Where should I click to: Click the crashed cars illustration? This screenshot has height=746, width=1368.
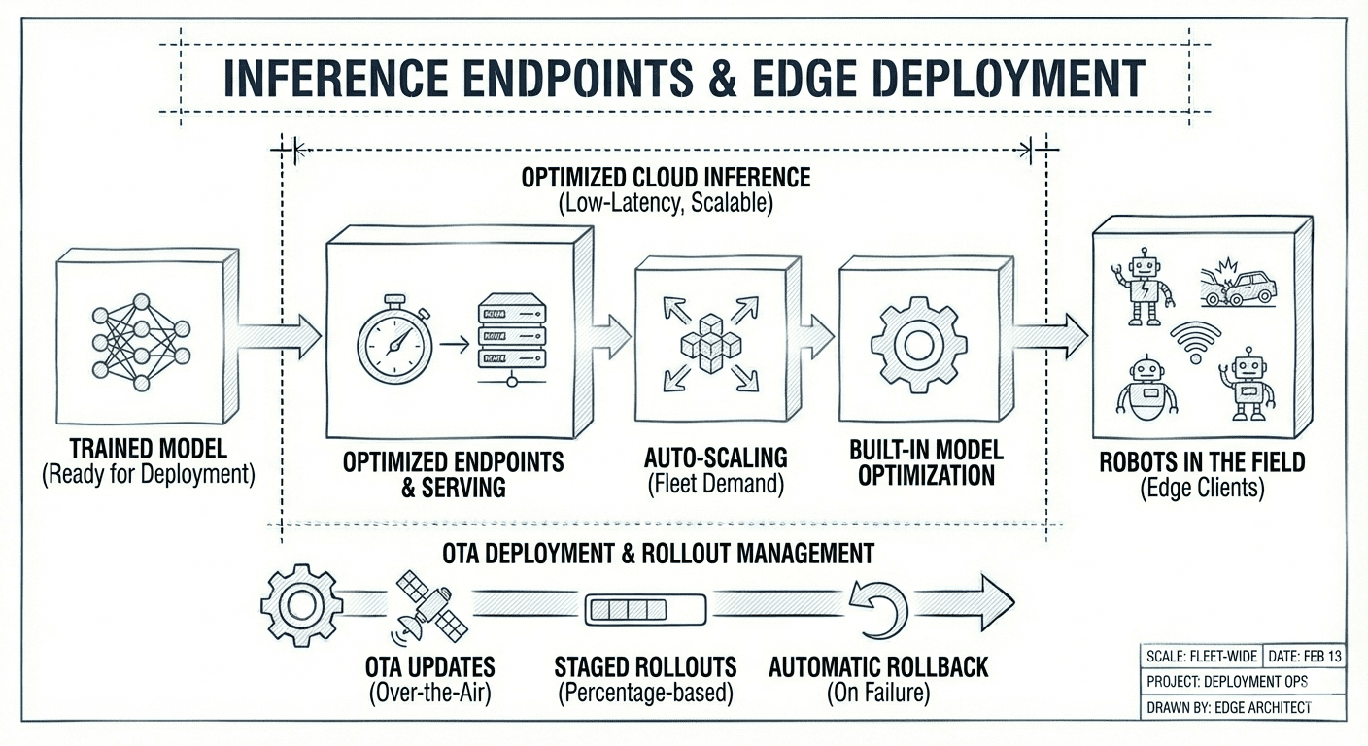coord(1239,282)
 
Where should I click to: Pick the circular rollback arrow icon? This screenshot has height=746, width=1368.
coord(878,607)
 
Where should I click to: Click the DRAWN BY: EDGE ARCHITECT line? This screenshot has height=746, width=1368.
coord(1229,707)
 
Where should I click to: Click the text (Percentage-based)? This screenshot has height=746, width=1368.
coord(645,694)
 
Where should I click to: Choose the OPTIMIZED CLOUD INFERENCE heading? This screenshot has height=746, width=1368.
coord(666,178)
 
